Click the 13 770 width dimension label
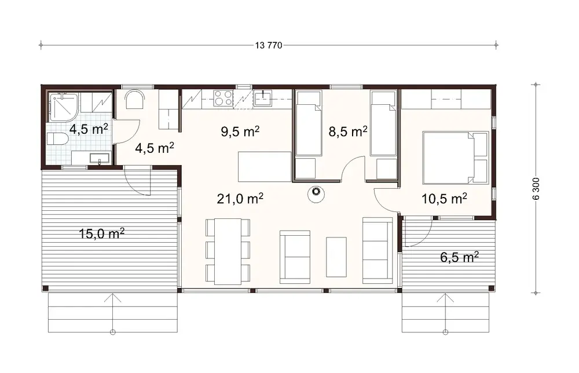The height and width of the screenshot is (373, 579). [x=268, y=46]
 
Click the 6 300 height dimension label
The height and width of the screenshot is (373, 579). [x=536, y=188]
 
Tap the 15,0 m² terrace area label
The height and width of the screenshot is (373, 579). [x=102, y=234]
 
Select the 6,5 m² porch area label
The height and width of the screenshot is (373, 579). [x=459, y=257]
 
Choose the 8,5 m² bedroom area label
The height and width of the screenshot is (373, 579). [x=349, y=131]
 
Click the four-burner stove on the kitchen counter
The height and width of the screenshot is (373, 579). [x=223, y=98]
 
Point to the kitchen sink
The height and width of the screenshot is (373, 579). [x=263, y=98]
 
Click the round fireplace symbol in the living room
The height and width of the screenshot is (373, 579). [x=316, y=192]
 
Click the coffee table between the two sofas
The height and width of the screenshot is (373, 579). [x=336, y=257]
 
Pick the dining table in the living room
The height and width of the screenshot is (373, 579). [x=228, y=250]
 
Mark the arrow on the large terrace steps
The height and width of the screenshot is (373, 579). [x=113, y=299]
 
